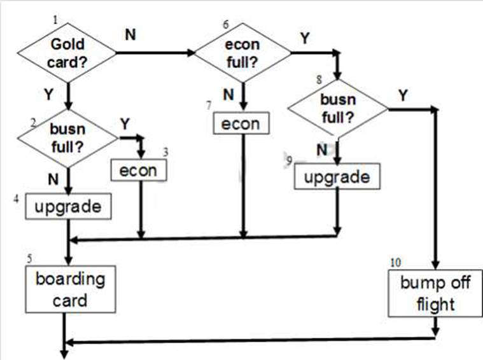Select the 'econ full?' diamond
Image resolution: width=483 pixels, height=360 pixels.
tap(242, 55)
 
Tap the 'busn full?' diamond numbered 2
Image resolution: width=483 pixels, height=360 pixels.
tap(67, 137)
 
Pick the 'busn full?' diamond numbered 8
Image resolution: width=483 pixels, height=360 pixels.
tap(337, 108)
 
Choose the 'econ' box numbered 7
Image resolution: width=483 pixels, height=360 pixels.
tap(241, 123)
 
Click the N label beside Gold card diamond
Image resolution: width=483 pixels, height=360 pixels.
tap(130, 34)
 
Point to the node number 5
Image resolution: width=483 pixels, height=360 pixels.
tap(29, 260)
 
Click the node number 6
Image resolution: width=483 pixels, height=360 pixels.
tap(225, 24)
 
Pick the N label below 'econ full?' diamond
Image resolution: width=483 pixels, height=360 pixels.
tap(227, 95)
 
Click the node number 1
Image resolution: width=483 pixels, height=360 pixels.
tap(55, 20)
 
